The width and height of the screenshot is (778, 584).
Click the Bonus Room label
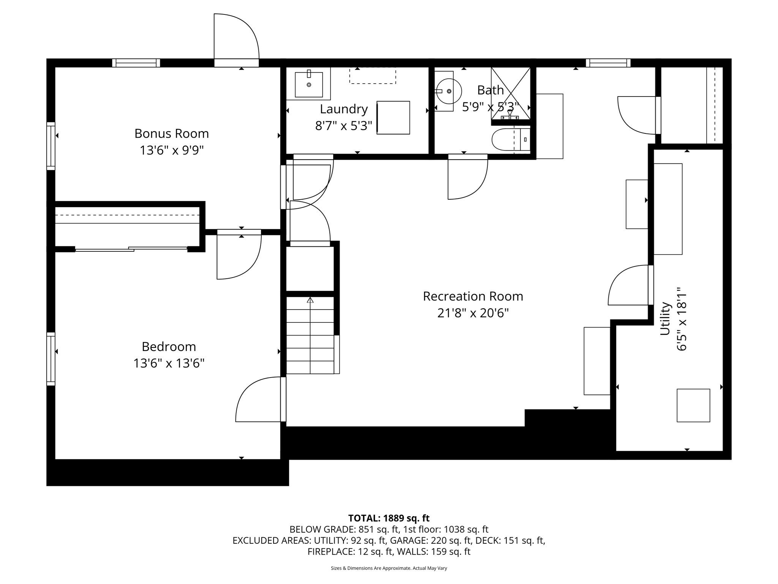171,133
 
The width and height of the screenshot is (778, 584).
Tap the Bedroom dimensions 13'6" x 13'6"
169,363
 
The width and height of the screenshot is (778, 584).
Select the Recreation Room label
473,296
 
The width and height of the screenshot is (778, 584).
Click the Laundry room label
343,109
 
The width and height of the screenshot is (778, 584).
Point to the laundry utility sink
308,84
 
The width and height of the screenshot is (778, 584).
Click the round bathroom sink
449,91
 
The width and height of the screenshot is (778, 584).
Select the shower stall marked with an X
510,94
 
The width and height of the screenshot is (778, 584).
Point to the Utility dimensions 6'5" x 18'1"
682,319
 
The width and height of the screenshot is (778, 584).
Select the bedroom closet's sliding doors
131,249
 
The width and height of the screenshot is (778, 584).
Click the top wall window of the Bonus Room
136,63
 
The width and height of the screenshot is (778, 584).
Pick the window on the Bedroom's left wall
51,359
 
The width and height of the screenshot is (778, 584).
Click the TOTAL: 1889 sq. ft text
389,518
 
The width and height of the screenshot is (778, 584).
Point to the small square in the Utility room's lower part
693,405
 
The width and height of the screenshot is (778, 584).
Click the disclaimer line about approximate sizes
389,568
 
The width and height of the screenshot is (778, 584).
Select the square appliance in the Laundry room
393,117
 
